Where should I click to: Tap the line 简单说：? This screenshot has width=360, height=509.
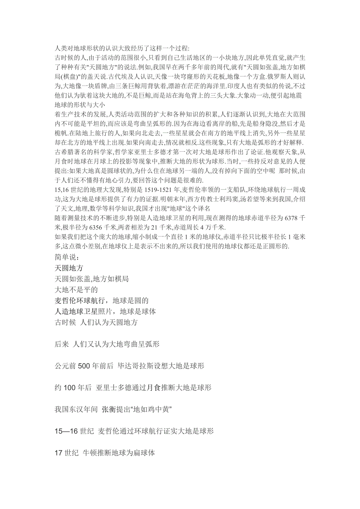[x=67, y=258]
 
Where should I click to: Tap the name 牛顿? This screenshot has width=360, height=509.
[x=90, y=453]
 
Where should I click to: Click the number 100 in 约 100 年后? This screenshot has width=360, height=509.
[x=69, y=388]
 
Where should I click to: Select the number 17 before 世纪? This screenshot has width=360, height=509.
[x=58, y=453]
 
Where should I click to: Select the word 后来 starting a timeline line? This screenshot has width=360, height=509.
[x=61, y=344]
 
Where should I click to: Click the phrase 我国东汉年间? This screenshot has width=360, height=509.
[x=76, y=409]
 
